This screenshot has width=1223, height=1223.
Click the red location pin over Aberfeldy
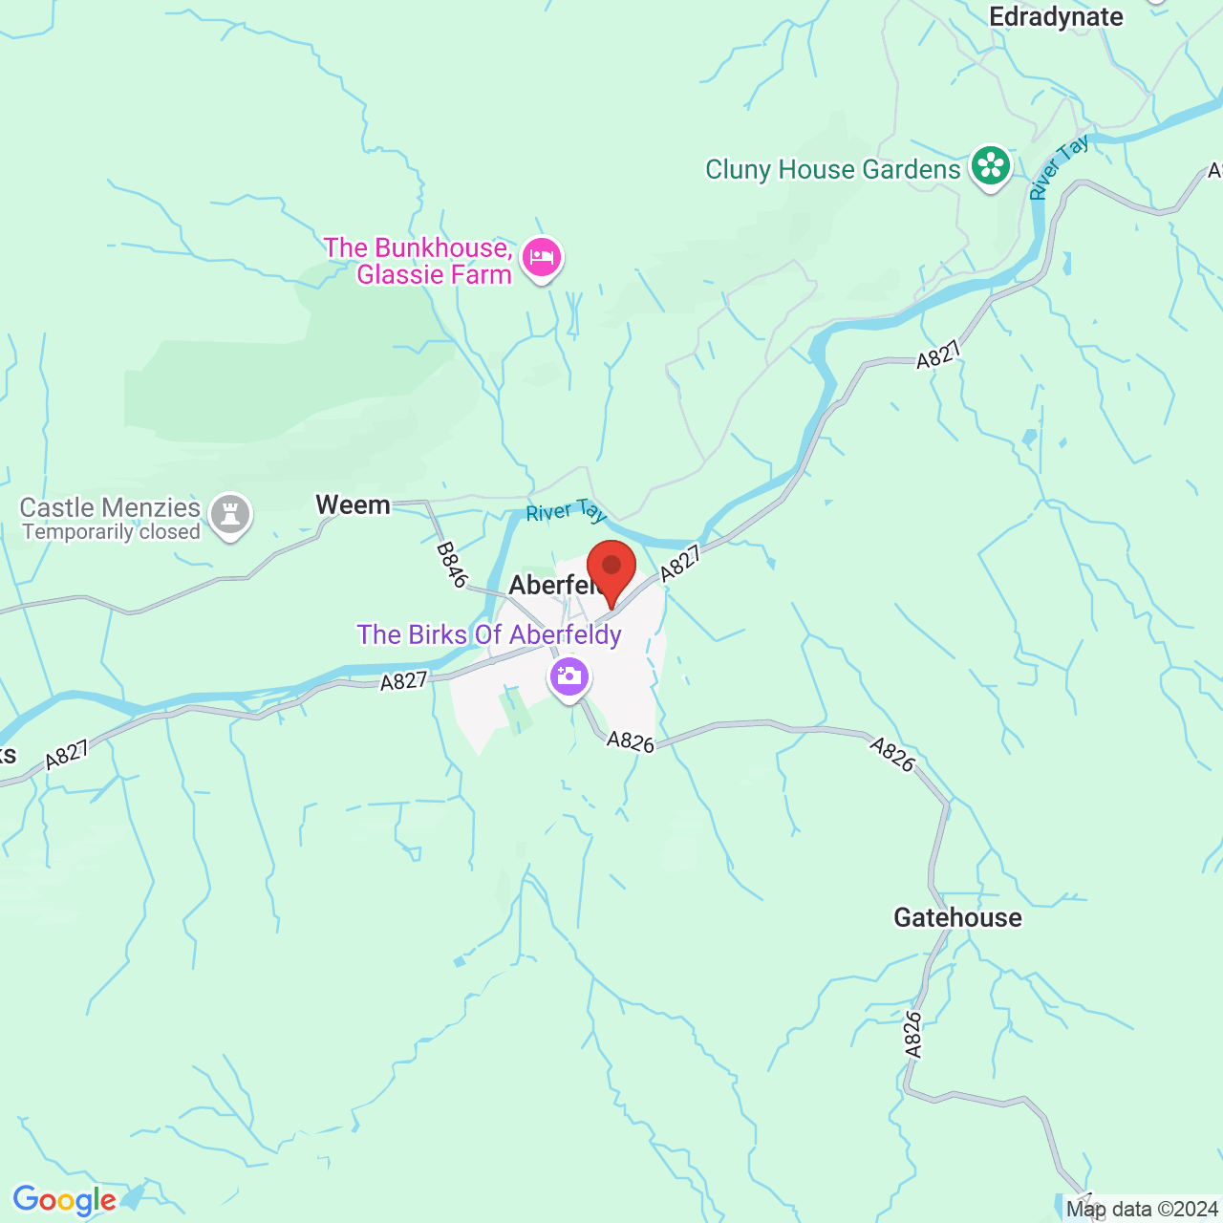point(611,569)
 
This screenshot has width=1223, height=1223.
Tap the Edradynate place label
point(1056,17)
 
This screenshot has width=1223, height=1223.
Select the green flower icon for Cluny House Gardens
point(991,167)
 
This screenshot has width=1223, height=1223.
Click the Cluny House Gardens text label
point(832,170)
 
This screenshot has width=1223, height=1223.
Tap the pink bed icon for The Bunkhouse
point(542,257)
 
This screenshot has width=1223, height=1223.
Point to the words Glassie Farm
point(435,275)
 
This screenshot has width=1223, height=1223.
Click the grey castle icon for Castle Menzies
point(230,515)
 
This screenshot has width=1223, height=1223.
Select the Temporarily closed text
point(112,532)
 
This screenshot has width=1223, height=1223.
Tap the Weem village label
point(353,505)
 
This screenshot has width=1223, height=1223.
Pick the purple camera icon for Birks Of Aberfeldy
point(569,677)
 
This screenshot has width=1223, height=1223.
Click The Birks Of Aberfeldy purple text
point(489,635)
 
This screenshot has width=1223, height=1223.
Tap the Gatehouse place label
point(957,918)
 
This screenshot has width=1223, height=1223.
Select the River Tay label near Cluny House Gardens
point(1060,168)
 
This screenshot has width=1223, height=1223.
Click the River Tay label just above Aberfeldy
point(566,512)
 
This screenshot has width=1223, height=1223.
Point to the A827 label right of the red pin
point(680,563)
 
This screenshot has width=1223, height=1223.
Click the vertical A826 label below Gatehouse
point(913,1035)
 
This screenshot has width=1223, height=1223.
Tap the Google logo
point(65,1200)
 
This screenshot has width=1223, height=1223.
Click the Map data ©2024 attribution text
point(1142,1210)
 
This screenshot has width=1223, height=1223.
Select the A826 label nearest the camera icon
point(631,741)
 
